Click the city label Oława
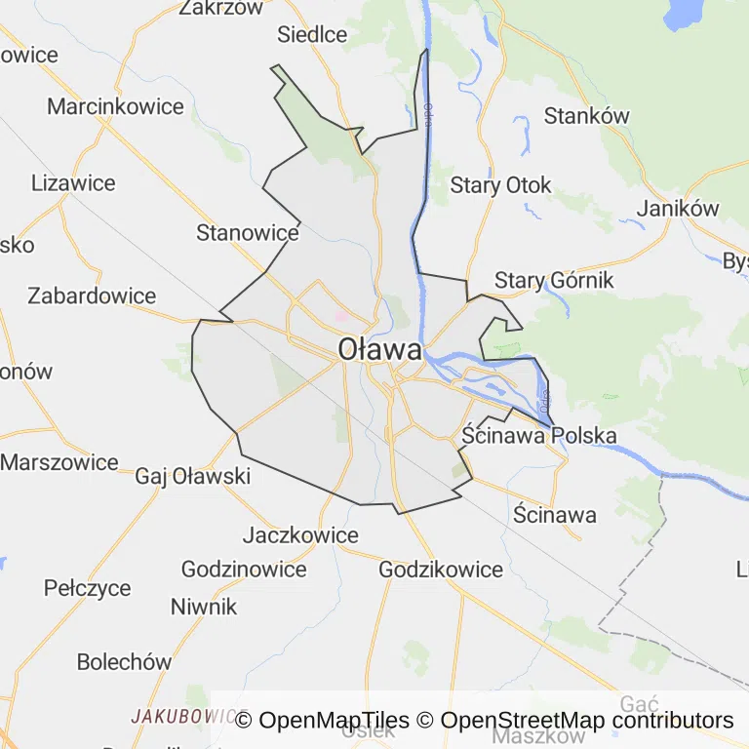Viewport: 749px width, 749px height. (380, 349)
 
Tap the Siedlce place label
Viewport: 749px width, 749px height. (312, 35)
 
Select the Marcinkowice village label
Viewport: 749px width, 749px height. (115, 106)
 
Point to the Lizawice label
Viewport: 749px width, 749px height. (73, 183)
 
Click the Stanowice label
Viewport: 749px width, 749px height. (248, 233)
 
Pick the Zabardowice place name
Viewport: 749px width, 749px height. (92, 296)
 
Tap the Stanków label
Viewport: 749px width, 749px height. (587, 116)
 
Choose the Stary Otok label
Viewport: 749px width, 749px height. (501, 185)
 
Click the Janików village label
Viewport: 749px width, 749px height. (678, 208)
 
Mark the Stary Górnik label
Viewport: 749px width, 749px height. (554, 281)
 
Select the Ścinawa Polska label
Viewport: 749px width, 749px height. (539, 435)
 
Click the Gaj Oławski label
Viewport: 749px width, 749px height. (193, 476)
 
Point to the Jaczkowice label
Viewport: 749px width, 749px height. (300, 535)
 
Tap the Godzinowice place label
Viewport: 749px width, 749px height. (244, 570)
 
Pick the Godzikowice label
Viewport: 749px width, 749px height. (441, 570)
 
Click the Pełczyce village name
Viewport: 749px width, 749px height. (88, 588)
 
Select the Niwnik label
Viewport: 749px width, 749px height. (204, 607)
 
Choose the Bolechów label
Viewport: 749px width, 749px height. (124, 661)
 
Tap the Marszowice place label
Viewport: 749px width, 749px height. (59, 462)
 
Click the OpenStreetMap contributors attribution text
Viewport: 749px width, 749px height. (587, 721)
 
